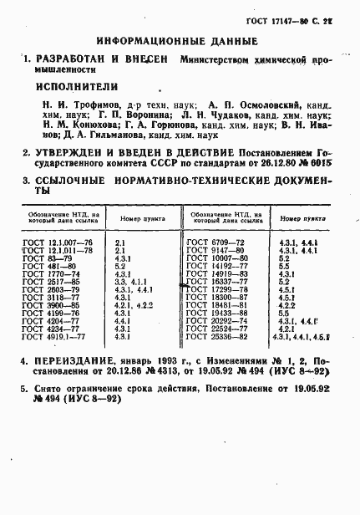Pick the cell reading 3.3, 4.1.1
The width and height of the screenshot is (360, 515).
pos(130,281)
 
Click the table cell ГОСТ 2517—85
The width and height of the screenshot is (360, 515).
pos(48,281)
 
